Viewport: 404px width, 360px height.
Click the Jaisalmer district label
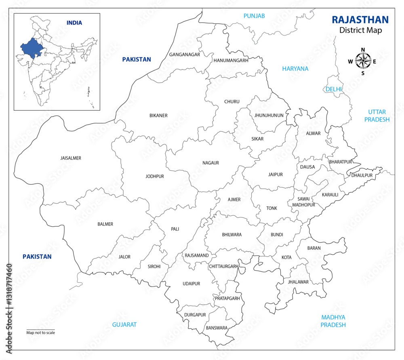click(71, 158)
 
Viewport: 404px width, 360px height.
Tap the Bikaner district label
click(158, 116)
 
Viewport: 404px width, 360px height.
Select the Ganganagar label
click(185, 55)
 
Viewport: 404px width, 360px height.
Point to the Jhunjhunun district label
click(269, 116)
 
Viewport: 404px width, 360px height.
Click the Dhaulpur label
click(362, 175)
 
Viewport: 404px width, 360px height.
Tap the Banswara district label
click(217, 328)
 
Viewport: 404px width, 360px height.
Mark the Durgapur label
click(195, 314)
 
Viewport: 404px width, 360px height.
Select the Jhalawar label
click(298, 282)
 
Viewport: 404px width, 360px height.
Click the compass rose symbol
click(363, 61)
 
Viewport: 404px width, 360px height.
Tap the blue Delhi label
click(334, 89)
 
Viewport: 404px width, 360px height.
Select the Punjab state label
click(254, 16)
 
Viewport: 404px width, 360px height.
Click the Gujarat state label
click(124, 324)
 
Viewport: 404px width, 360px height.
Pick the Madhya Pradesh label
click(333, 321)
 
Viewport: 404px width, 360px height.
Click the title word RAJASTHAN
click(360, 20)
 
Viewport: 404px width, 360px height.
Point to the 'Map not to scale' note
click(41, 333)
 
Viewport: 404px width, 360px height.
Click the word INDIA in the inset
click(74, 23)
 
